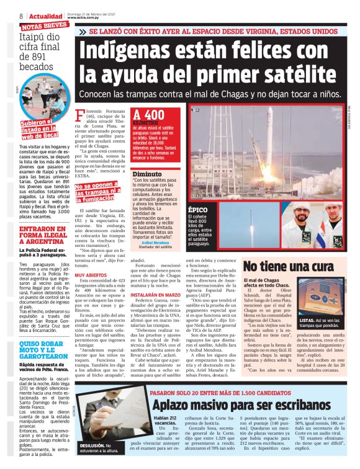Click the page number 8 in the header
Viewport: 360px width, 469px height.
22,16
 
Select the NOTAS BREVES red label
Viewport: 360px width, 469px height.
43,25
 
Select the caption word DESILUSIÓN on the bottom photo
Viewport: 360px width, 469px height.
90,445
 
